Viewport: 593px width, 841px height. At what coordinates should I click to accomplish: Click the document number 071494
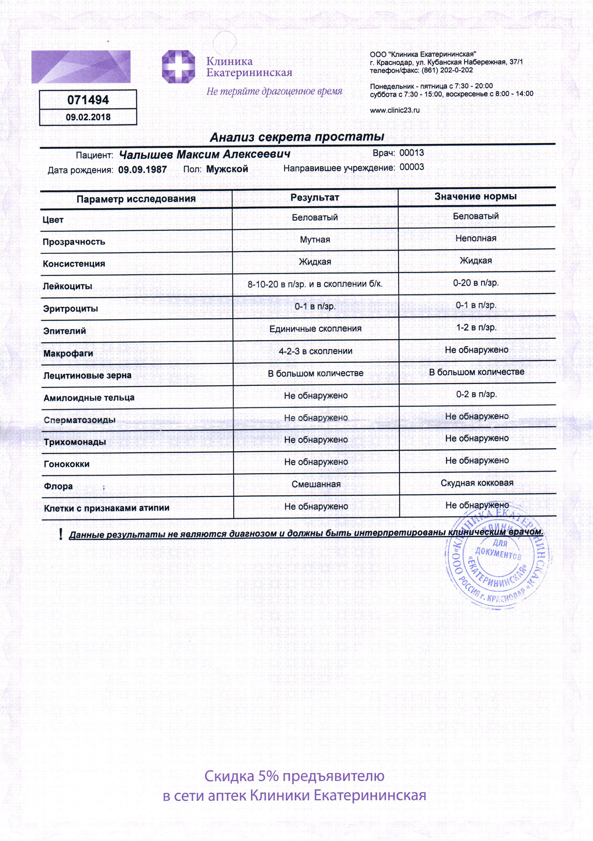coord(88,100)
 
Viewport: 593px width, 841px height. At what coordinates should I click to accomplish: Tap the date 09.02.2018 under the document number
coord(88,117)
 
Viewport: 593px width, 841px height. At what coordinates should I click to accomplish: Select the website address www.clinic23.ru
coord(394,110)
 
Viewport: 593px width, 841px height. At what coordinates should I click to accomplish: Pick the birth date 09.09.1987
coord(142,170)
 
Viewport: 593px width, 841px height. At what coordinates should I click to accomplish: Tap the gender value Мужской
coord(227,169)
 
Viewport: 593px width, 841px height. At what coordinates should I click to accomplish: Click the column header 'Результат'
coord(315,197)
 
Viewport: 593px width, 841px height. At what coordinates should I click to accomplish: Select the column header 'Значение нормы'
coord(475,196)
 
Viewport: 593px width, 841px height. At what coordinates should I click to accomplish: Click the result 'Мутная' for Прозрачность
coord(315,239)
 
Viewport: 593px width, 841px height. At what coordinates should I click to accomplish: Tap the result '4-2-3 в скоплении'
coord(315,351)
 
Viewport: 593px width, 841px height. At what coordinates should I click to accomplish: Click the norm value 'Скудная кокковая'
coord(477,483)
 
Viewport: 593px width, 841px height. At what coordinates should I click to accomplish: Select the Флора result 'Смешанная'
coord(316,484)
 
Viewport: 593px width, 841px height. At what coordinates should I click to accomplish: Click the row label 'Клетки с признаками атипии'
coord(107,508)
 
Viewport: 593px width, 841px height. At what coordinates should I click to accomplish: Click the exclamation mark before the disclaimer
coord(60,534)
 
